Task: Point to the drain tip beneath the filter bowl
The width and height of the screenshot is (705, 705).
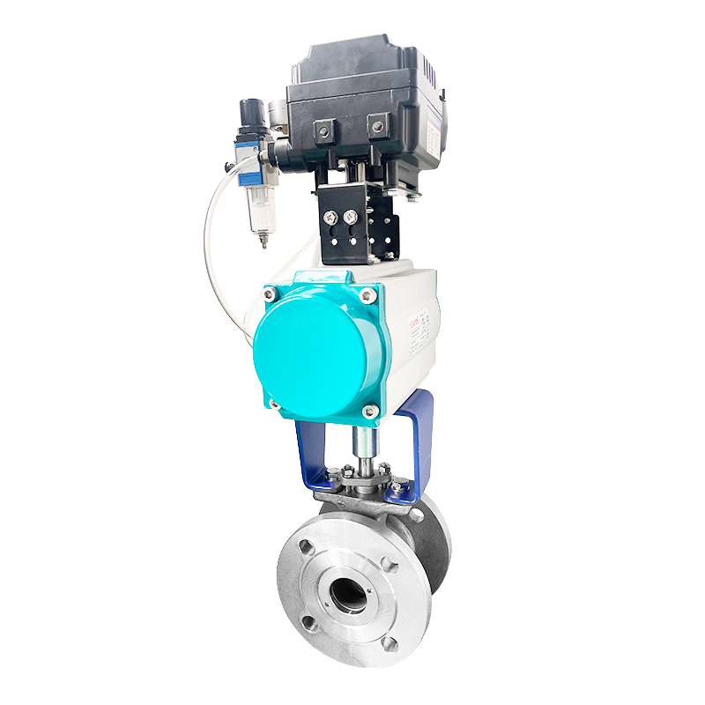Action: [262, 241]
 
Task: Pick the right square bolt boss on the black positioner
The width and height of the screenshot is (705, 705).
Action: [379, 128]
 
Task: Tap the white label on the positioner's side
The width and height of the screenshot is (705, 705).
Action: [434, 132]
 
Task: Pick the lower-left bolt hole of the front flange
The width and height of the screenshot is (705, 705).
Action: [308, 624]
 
